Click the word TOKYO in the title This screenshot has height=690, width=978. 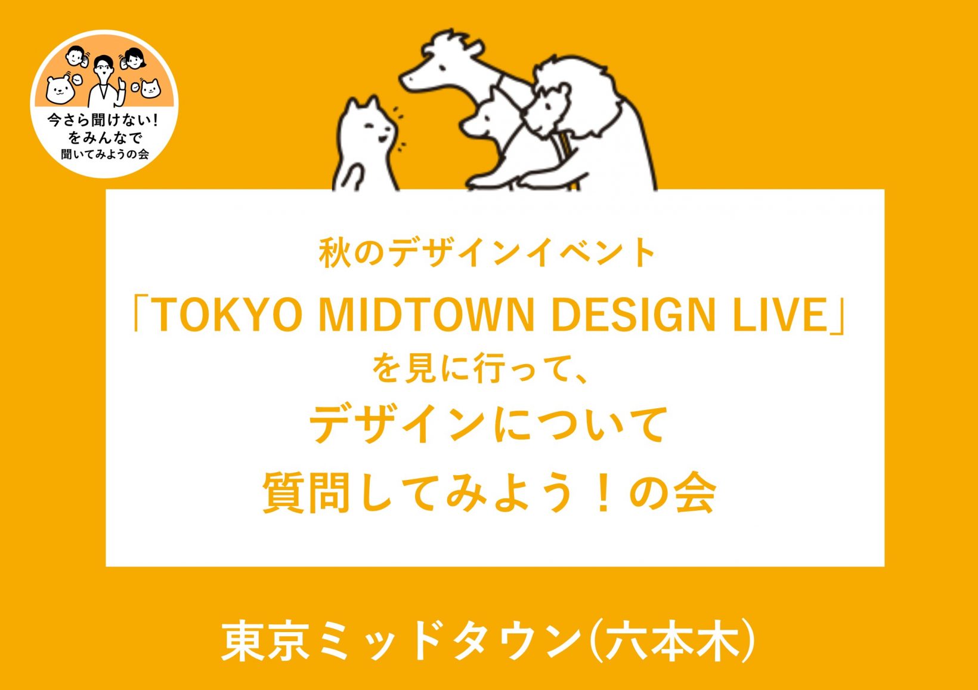228,315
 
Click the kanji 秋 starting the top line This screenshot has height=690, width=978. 335,253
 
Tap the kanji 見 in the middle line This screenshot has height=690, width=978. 422,368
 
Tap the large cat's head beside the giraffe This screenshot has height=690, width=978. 369,125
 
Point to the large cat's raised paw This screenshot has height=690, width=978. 349,177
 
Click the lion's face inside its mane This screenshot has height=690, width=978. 546,109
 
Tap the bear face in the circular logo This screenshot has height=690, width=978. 60,90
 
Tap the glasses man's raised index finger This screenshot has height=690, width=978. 123,85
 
